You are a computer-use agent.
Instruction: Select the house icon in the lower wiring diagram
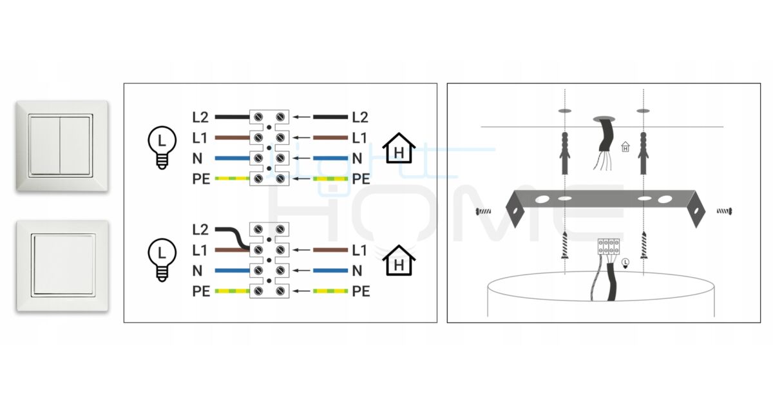(x=399, y=260)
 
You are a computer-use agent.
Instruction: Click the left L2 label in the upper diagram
(x=201, y=118)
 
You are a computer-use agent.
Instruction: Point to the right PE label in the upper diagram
(x=361, y=178)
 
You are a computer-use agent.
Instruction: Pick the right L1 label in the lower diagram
(x=360, y=249)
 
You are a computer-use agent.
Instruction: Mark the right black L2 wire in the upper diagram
(x=330, y=117)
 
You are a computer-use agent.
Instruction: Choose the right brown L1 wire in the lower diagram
(x=330, y=249)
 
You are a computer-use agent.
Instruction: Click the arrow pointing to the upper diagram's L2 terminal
(x=301, y=117)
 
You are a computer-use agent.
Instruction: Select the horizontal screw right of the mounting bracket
(x=724, y=210)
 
